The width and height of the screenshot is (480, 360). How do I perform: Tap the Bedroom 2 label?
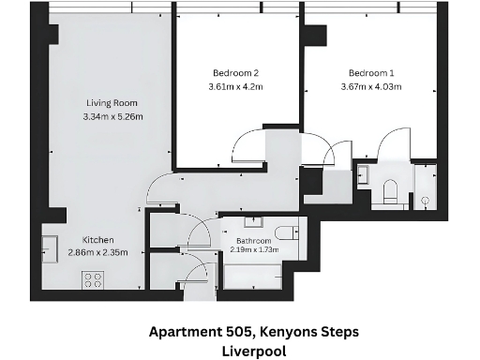click(233, 73)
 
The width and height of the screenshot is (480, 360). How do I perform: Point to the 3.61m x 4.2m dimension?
click(233, 87)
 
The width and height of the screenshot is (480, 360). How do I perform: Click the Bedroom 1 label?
click(372, 73)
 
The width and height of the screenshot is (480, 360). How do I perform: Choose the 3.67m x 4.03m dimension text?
click(374, 87)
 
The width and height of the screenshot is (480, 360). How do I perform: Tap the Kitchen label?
click(98, 239)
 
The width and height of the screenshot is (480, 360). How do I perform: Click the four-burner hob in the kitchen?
click(94, 278)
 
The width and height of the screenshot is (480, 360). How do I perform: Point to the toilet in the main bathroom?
click(287, 233)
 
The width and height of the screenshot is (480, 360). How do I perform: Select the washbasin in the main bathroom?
click(253, 221)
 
